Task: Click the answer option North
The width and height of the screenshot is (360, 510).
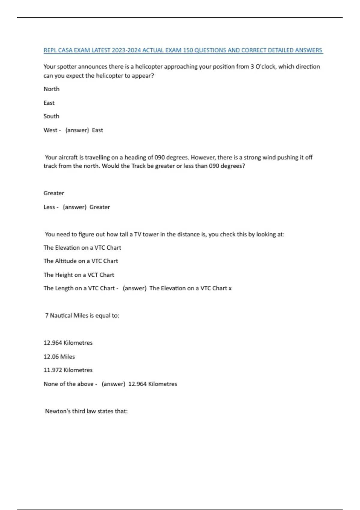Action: point(52,89)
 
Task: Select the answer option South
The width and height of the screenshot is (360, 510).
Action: point(51,116)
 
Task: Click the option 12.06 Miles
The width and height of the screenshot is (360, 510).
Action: point(59,357)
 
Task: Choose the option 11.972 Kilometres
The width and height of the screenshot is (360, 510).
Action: point(68,370)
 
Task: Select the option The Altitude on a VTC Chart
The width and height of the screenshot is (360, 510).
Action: point(81,261)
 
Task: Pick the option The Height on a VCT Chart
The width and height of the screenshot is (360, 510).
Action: point(79,275)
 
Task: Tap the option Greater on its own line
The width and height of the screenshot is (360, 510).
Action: point(54,193)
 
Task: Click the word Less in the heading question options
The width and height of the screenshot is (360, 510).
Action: point(49,207)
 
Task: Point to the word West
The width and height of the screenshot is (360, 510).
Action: point(50,130)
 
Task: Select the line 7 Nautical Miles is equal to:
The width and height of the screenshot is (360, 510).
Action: point(82,316)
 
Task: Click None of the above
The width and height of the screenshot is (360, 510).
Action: point(69,384)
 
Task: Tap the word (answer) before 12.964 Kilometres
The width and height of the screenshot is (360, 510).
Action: point(113,384)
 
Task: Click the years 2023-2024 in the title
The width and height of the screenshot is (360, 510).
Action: point(126,50)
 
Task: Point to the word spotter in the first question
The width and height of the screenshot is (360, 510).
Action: point(67,67)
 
